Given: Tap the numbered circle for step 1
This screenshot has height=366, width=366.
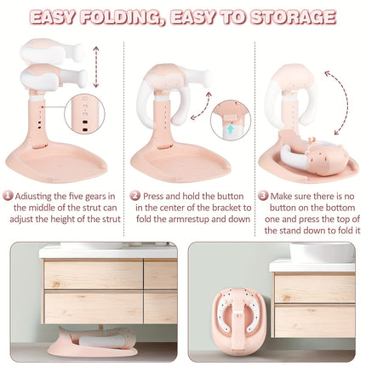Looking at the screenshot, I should pos(8,195).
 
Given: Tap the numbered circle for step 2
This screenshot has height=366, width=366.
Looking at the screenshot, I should pos(134,195).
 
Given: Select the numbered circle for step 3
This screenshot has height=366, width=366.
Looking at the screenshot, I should pos(263,195).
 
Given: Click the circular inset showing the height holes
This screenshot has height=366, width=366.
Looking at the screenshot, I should pos(84,115).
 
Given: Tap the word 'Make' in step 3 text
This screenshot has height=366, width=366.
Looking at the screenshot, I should pos(286,195).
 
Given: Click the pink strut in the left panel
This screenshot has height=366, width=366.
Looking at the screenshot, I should pos(39,119).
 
